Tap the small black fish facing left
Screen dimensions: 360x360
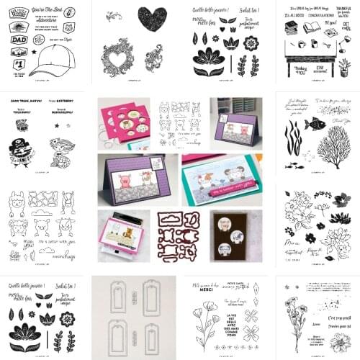(x=315, y=123)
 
